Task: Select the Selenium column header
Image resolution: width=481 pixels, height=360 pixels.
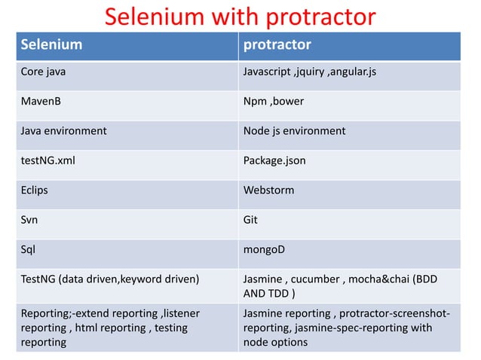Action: click(x=51, y=45)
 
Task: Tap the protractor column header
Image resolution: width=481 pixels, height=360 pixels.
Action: click(x=276, y=45)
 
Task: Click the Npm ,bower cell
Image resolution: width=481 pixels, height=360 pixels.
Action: click(x=273, y=101)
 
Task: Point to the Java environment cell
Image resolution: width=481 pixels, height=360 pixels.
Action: click(x=63, y=130)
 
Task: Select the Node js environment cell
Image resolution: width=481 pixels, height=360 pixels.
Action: click(x=294, y=130)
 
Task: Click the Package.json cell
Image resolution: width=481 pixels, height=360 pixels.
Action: click(x=274, y=160)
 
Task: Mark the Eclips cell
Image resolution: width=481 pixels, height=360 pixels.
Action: click(x=34, y=189)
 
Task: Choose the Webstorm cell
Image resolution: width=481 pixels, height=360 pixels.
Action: click(x=269, y=189)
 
